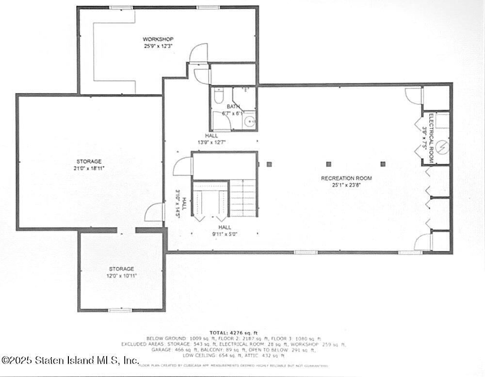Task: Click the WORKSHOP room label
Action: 158,39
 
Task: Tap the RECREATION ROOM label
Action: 346,178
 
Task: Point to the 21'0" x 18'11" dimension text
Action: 89,168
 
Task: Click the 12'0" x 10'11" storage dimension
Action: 121,276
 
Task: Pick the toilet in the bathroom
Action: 218,97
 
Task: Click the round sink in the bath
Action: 249,122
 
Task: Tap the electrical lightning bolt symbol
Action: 442,145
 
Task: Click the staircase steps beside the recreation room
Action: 242,197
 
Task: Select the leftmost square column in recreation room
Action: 269,164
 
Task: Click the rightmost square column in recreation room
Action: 383,164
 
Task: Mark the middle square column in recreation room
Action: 328,164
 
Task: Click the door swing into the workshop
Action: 199,53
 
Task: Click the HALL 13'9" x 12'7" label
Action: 211,139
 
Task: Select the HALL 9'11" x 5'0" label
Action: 224,230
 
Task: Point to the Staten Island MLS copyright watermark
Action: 70,360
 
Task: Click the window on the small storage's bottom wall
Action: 120,310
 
